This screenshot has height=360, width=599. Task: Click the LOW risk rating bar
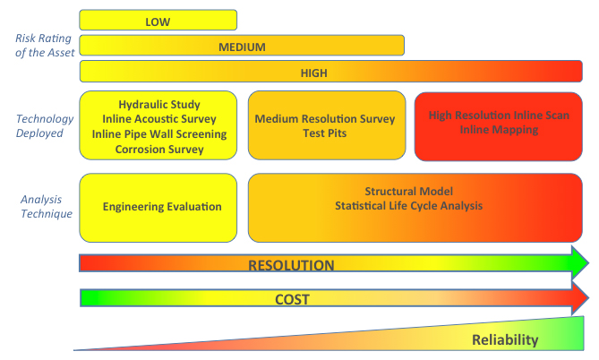(158, 20)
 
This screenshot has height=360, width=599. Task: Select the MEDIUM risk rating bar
(242, 46)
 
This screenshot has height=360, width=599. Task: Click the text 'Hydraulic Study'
(159, 104)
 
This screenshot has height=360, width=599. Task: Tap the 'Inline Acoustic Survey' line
(159, 119)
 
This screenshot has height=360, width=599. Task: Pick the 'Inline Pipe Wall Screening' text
(159, 134)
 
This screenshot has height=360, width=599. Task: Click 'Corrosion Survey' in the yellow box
(159, 150)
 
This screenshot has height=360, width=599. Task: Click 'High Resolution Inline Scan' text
(499, 115)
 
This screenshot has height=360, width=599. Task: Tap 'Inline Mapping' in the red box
(499, 130)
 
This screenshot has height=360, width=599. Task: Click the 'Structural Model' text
(409, 192)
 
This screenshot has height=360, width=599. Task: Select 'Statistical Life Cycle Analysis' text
(409, 207)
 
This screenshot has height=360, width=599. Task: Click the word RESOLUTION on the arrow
(291, 265)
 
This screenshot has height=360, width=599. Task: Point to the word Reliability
(505, 339)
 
